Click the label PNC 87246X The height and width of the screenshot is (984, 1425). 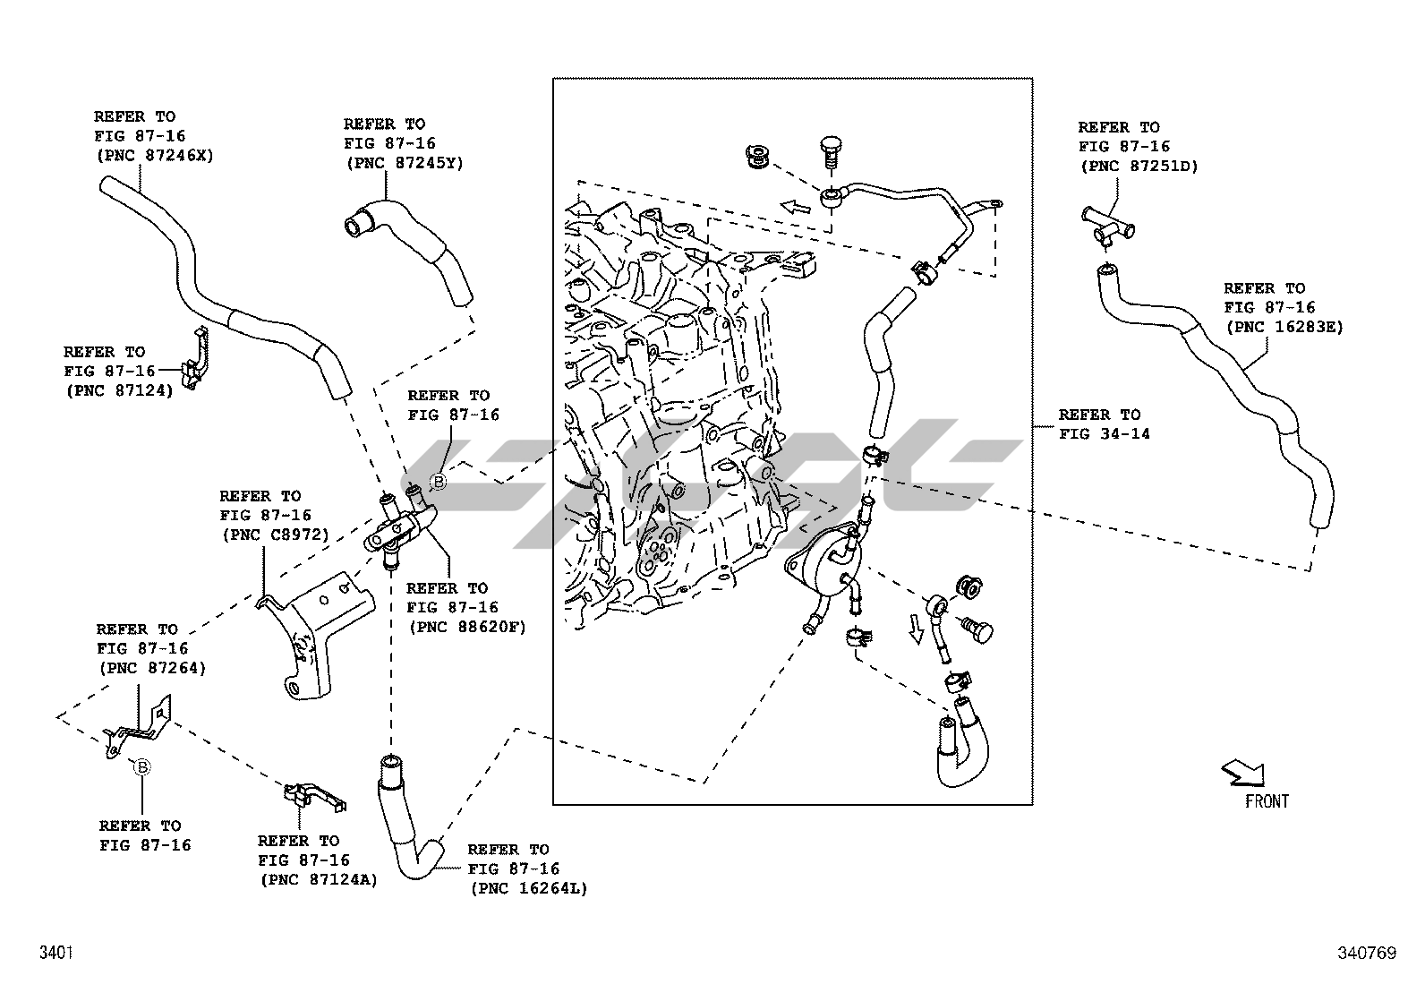154,155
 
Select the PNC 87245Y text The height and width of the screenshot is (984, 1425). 404,163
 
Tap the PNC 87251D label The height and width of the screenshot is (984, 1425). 1138,166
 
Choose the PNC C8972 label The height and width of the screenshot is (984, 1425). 275,535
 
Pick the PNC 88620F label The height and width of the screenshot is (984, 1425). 466,627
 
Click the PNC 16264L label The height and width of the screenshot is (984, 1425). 528,888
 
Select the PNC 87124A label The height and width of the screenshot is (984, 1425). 319,880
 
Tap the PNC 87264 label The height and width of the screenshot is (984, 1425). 151,667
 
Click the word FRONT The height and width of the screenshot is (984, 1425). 1267,801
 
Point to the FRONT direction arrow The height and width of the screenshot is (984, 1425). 1242,772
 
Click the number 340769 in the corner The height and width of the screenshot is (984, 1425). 1366,954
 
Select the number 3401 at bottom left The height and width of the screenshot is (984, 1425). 55,954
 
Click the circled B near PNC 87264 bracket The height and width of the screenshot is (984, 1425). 141,766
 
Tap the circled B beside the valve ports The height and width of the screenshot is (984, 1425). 439,482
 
